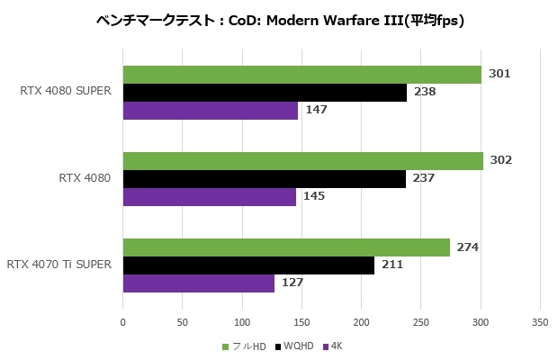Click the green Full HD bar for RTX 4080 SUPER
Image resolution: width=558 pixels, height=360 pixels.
click(x=301, y=75)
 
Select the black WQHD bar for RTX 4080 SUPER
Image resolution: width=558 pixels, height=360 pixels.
click(x=265, y=93)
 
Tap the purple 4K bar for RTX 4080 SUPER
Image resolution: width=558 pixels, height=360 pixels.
click(x=210, y=111)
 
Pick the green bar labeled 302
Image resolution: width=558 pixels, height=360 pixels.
click(x=302, y=161)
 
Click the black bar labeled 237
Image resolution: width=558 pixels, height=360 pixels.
click(x=264, y=179)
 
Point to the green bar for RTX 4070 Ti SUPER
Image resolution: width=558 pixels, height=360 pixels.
click(x=285, y=247)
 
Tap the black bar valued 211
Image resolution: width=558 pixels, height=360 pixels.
click(x=248, y=265)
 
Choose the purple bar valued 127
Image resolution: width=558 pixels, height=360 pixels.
click(x=198, y=283)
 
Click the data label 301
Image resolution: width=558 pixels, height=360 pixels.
click(x=499, y=74)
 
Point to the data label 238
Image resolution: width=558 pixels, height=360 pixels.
click(x=425, y=92)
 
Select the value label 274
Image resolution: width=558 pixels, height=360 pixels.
click(x=468, y=247)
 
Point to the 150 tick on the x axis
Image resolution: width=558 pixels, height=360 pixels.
click(x=301, y=321)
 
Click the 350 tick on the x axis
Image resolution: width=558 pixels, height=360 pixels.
click(x=539, y=321)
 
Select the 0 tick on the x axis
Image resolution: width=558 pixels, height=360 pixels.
click(x=123, y=321)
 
